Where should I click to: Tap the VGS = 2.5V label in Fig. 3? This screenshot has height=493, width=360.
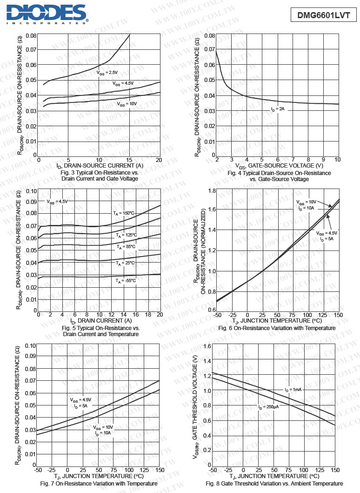(107, 73)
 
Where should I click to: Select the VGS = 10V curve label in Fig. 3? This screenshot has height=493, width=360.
(127, 104)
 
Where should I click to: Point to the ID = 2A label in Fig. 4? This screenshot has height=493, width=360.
(278, 109)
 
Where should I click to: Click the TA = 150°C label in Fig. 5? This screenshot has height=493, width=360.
(123, 213)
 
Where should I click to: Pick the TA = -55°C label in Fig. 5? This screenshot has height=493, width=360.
(126, 281)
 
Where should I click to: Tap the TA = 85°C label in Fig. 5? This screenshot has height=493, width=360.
(126, 247)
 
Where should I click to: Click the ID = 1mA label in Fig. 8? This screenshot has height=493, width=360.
(293, 389)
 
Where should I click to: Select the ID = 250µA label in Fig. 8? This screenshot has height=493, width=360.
(268, 407)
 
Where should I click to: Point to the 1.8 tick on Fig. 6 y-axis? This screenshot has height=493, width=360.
(211, 191)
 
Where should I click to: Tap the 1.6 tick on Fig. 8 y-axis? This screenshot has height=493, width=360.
(207, 345)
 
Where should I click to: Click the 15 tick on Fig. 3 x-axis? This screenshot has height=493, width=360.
(129, 160)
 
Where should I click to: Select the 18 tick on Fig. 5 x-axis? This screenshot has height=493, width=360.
(147, 315)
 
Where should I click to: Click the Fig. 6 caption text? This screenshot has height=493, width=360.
(276, 328)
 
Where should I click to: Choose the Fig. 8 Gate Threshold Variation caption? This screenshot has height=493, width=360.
(274, 484)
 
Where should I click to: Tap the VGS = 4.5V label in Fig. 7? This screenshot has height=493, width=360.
(80, 400)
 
